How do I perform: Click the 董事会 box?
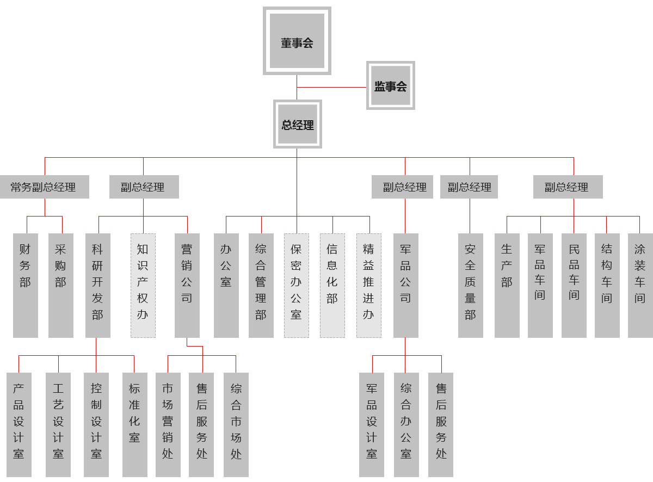297,41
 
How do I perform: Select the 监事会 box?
390,85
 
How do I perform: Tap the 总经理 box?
297,124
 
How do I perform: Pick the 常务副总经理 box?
44,187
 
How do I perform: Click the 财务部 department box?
26,285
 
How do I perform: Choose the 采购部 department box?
60,285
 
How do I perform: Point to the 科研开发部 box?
97,285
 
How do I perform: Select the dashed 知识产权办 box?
143,285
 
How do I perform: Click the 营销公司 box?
187,285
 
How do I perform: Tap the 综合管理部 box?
261,285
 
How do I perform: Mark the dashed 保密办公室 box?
296,285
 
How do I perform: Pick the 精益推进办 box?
368,285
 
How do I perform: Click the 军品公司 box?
405,285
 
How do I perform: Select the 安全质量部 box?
470,285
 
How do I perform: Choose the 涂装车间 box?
640,285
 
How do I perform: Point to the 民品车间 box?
574,285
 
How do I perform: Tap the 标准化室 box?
134,424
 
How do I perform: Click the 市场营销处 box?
168,424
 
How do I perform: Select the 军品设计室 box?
372,424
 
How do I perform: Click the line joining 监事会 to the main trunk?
332,87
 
